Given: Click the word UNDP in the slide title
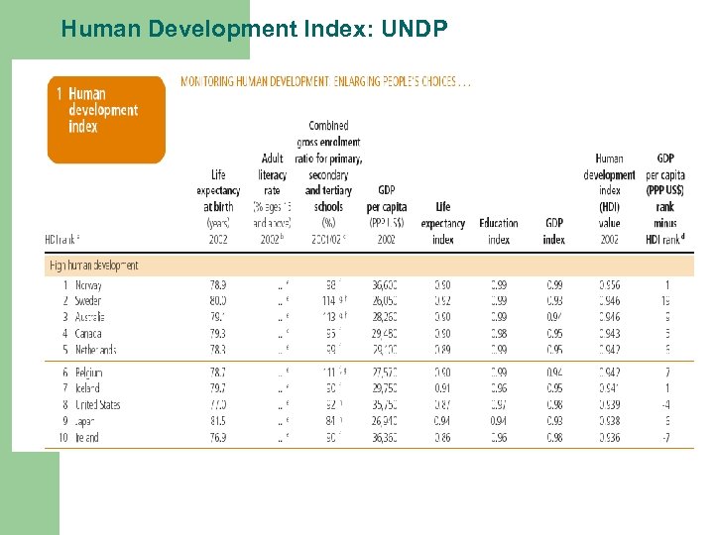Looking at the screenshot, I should pos(411,30).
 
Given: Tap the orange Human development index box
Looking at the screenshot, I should pos(106,120).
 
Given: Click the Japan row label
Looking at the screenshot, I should pos(87,420).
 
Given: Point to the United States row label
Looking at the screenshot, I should pos(96,404).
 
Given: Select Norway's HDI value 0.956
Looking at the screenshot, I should pos(609,285).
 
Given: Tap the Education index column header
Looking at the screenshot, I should pos(499,231).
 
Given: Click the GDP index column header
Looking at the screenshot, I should pos(553,231).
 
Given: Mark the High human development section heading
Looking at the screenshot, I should pos(93,266).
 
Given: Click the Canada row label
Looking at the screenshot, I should pos(87,333).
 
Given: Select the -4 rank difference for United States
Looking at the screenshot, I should pos(665,404).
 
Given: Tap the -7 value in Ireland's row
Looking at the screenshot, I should pos(665,437).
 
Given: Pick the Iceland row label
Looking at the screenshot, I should pos(87,388).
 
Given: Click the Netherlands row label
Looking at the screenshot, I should pos(95,349).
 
